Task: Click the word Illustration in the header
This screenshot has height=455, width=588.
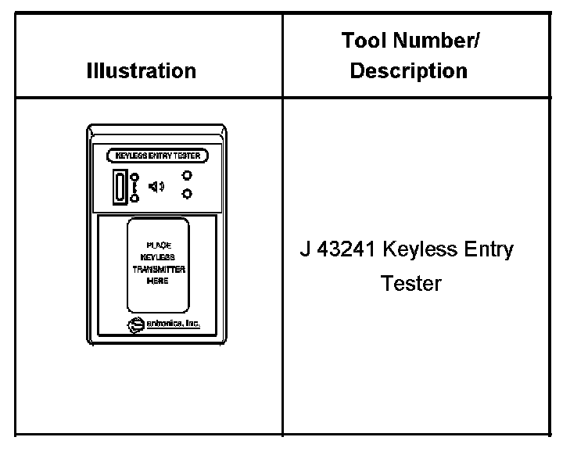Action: coord(141,71)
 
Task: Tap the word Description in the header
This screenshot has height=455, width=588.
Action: coord(408,71)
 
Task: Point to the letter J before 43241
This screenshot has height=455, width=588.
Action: coord(305,250)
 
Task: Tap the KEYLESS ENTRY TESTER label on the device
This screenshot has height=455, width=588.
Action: coord(157,156)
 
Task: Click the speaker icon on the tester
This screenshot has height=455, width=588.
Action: coord(156,186)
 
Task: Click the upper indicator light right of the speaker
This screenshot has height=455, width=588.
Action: coord(187,176)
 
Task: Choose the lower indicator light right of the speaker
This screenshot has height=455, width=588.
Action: coord(187,194)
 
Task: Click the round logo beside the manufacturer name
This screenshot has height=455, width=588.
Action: coord(134,324)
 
